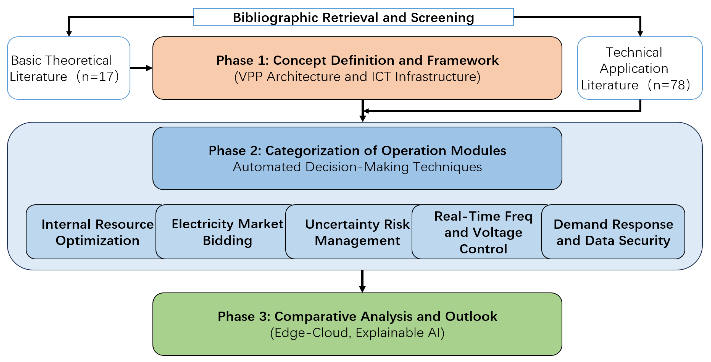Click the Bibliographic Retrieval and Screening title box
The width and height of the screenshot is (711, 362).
tap(353, 17)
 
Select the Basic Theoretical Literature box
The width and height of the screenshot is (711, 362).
tap(69, 68)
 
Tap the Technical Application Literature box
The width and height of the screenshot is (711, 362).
tap(640, 68)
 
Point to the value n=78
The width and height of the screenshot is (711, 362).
tap(669, 85)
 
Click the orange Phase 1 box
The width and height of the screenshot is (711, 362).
tap(357, 68)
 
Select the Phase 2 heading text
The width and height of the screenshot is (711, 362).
tap(357, 151)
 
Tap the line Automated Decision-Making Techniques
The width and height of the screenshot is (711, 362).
tap(357, 167)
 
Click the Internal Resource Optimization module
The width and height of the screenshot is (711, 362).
tap(94, 232)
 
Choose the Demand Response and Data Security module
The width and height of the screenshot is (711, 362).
tap(613, 232)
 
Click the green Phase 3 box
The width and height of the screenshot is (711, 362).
tap(357, 324)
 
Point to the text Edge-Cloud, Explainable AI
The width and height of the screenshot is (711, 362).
tap(357, 333)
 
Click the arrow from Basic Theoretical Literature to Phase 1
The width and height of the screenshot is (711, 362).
tap(141, 68)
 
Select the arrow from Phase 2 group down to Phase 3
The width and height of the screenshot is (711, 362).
tap(362, 281)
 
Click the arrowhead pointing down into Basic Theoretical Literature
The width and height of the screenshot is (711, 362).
tap(69, 34)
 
